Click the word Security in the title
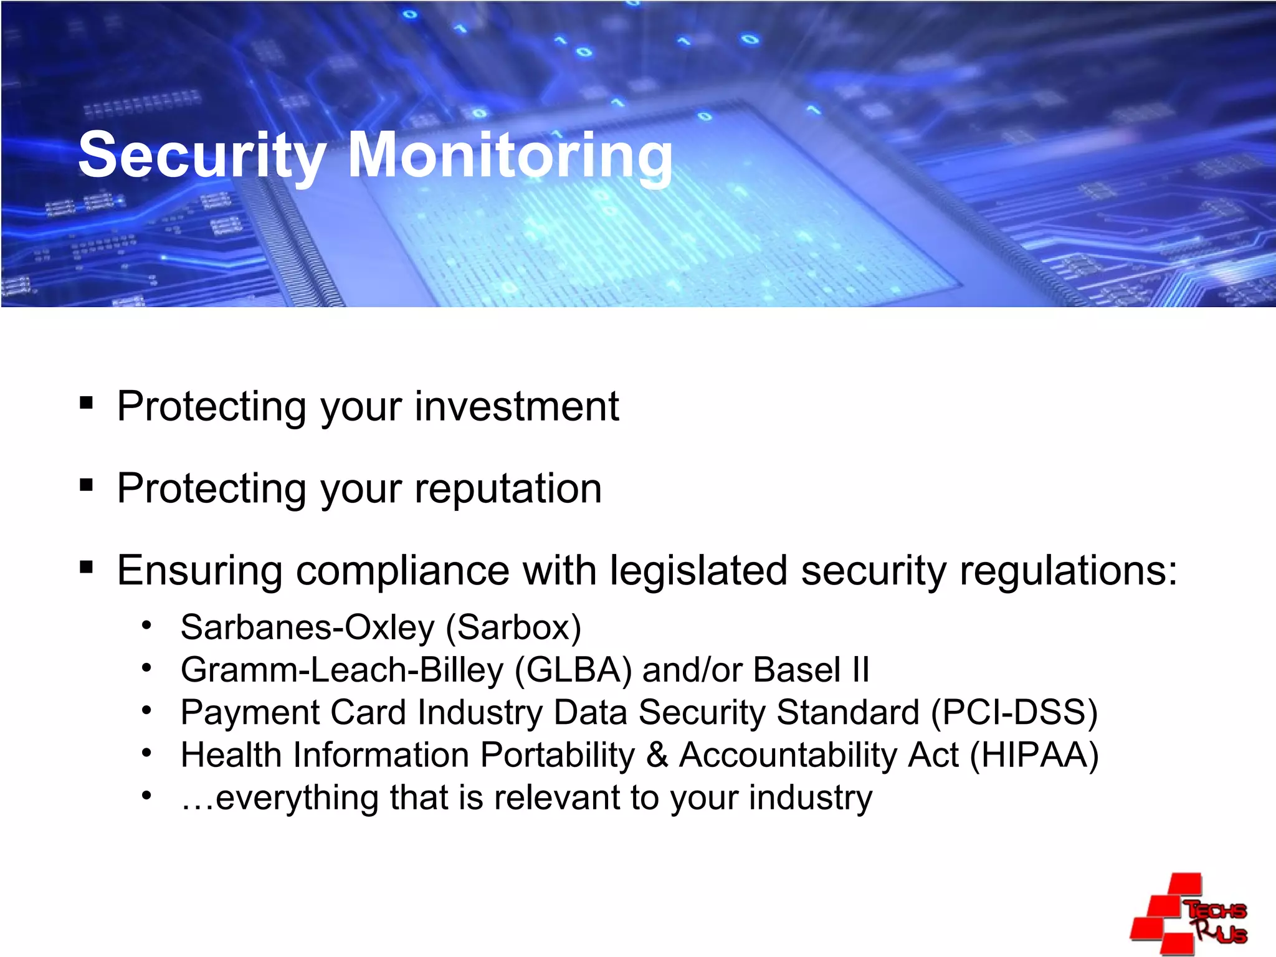(x=201, y=156)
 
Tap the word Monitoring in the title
(x=510, y=156)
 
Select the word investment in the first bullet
(x=517, y=406)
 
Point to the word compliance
(x=402, y=570)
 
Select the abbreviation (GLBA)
(x=573, y=670)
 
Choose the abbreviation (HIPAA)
(x=1034, y=755)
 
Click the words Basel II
(x=811, y=670)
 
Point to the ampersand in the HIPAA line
(x=657, y=755)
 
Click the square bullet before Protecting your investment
(x=87, y=402)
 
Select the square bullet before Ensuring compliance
(x=87, y=567)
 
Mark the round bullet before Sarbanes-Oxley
(x=146, y=625)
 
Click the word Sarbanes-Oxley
(x=307, y=627)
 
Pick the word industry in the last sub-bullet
(x=810, y=798)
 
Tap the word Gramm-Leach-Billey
(x=341, y=670)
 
